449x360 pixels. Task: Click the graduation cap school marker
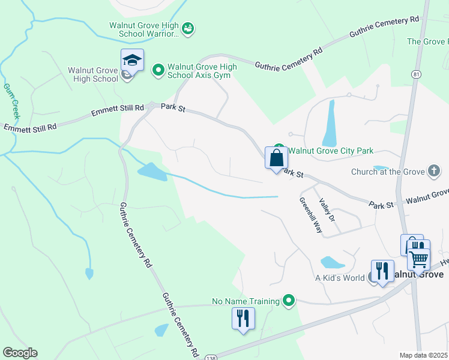coord(132,60)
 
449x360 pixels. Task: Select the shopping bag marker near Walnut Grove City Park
coord(276,159)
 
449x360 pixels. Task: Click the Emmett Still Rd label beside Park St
coord(118,110)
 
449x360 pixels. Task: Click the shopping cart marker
coord(418,259)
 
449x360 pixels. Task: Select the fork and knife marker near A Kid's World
coord(382,271)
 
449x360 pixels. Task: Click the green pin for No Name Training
coord(289,301)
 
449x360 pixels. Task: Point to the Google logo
coord(19,353)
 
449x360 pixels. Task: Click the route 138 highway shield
coord(208,356)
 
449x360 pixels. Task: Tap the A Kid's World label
coord(340,278)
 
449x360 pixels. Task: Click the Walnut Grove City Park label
coord(331,151)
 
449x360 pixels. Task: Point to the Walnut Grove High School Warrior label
coord(145,30)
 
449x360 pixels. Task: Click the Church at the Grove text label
coord(387,172)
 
